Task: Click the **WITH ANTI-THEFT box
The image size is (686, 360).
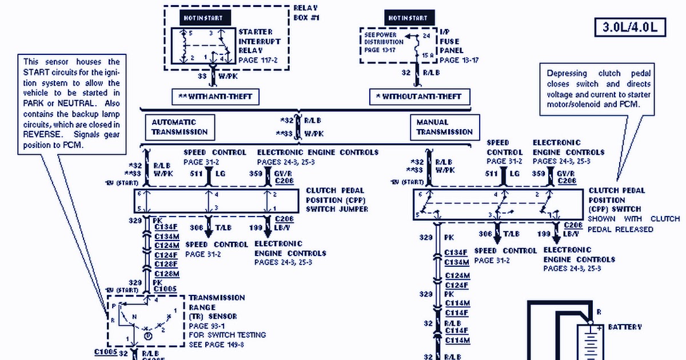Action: click(x=214, y=96)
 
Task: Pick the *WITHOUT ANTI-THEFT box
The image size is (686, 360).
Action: click(x=419, y=96)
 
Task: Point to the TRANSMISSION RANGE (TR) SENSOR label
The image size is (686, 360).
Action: click(x=217, y=307)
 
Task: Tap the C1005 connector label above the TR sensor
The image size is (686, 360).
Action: click(x=165, y=289)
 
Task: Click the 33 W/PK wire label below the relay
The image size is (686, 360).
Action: click(x=214, y=74)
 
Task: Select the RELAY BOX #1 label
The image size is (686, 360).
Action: click(x=306, y=13)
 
